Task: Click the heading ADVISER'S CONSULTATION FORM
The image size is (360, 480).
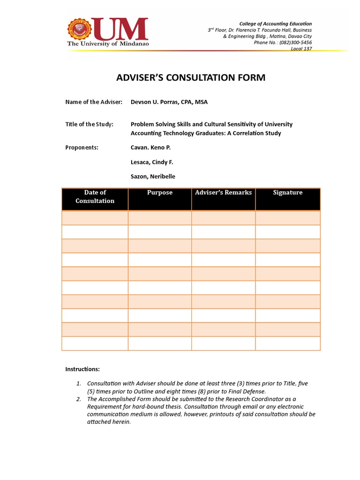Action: tap(191, 77)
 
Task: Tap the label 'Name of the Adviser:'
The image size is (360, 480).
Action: tap(94, 102)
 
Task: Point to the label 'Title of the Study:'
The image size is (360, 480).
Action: tap(89, 124)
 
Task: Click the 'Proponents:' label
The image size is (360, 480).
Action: tap(82, 147)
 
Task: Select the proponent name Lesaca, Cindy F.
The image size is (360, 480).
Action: tap(152, 162)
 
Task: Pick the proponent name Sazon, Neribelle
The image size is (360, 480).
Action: tap(153, 177)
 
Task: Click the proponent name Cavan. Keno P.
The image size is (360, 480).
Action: tap(150, 147)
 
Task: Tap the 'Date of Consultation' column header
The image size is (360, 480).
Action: tap(95, 196)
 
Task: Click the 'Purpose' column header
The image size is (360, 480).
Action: tap(159, 193)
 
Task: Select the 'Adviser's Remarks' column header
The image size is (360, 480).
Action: tap(223, 193)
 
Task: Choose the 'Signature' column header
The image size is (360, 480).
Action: tap(288, 193)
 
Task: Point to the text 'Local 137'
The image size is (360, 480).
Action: tap(301, 48)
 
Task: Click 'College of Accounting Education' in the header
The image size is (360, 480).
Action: tap(275, 23)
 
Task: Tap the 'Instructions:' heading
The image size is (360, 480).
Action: tap(82, 369)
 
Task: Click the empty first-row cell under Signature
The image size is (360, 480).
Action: tap(288, 218)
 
